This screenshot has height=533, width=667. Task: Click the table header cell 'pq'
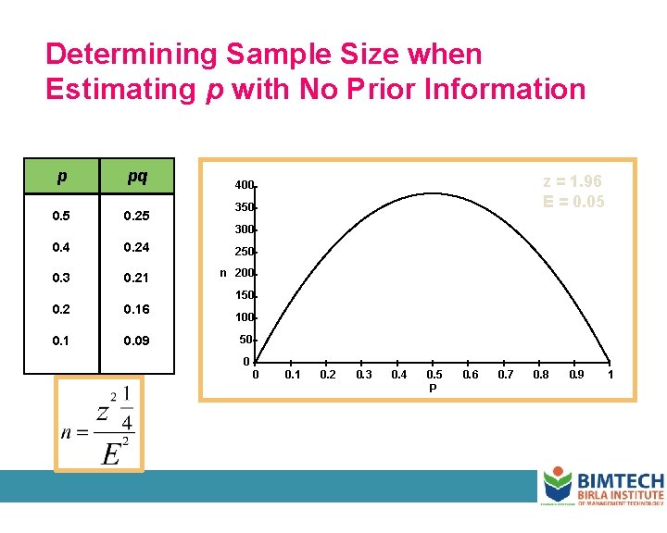pos(136,175)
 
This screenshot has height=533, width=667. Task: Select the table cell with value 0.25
pos(136,217)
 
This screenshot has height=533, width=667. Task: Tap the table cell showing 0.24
pos(136,247)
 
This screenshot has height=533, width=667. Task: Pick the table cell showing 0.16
pos(136,309)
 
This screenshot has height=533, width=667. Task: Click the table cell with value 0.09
pos(136,341)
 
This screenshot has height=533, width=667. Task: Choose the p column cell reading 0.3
pos(61,279)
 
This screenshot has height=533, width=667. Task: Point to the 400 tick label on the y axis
pos(244,185)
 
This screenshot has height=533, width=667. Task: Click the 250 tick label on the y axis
pos(244,252)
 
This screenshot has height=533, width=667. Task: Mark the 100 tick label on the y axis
pos(244,318)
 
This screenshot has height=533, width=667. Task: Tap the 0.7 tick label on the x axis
pos(505,375)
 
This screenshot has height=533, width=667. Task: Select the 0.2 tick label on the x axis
pos(327,375)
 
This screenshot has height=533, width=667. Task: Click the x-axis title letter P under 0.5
pos(433,389)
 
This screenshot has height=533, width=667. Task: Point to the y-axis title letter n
pos(223,273)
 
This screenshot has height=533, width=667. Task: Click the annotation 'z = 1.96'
pos(573,181)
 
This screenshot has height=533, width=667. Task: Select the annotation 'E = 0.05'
pos(573,201)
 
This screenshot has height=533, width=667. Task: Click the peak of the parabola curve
pos(433,192)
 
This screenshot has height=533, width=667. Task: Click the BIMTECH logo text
pos(620,481)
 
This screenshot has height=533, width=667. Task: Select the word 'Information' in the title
pos(499,89)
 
